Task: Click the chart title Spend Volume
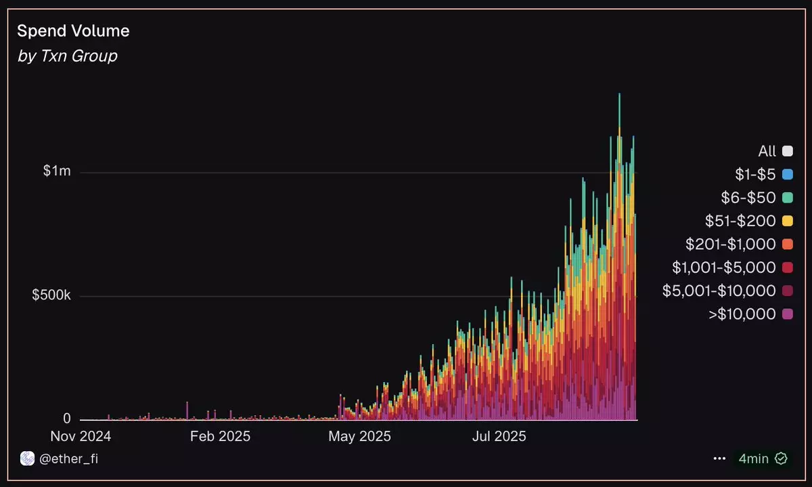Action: point(73,31)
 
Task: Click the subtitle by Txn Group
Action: point(67,56)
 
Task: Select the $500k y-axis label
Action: point(51,296)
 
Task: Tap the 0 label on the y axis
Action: point(66,419)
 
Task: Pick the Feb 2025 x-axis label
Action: point(220,436)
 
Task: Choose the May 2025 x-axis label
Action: point(359,436)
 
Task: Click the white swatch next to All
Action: point(787,152)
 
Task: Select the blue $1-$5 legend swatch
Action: point(787,175)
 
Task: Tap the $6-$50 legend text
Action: point(748,198)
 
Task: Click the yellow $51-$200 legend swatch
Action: point(787,221)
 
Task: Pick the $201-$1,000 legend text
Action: point(730,244)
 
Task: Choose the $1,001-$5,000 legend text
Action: point(723,268)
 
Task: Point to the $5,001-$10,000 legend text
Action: point(719,291)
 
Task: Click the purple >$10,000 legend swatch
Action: point(787,314)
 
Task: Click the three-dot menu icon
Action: point(719,459)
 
